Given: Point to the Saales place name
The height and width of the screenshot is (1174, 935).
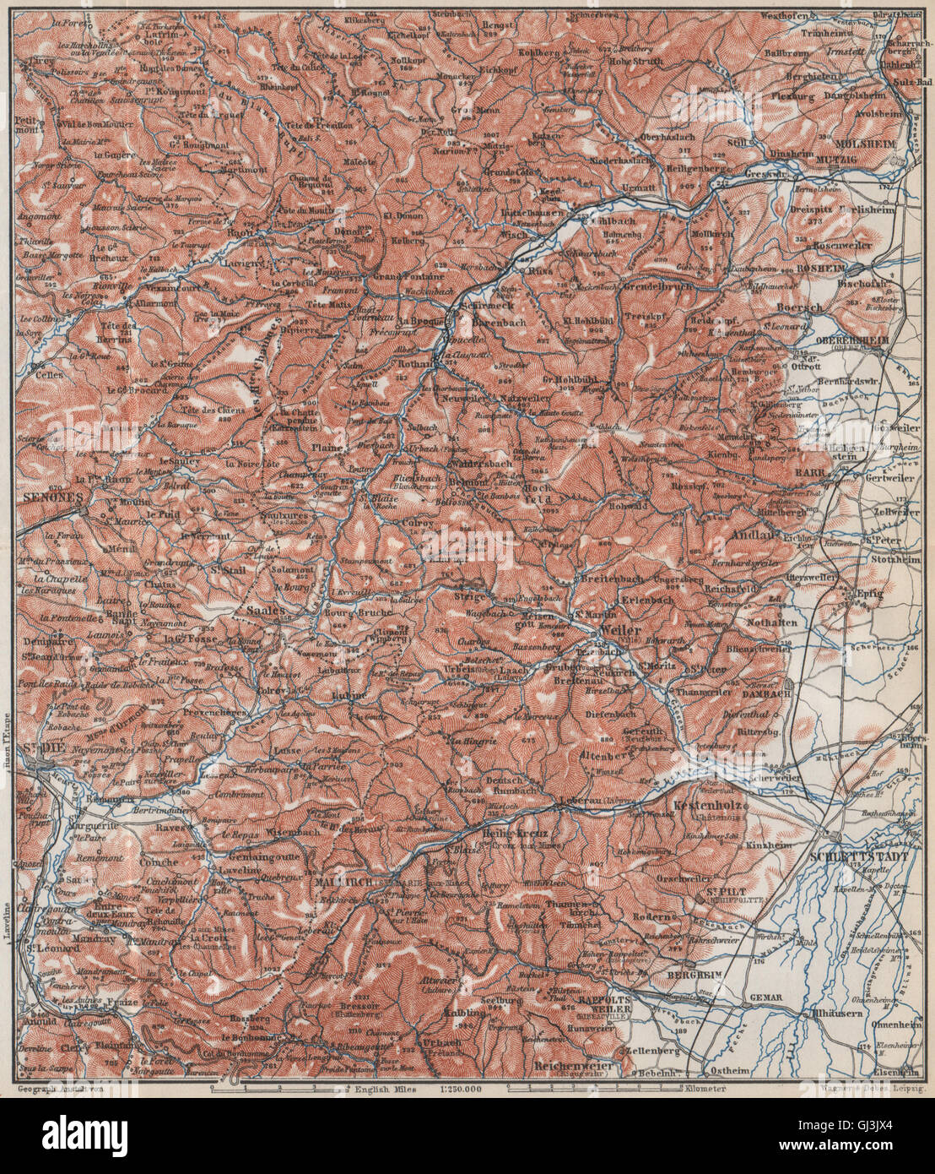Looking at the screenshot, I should click(x=261, y=606).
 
